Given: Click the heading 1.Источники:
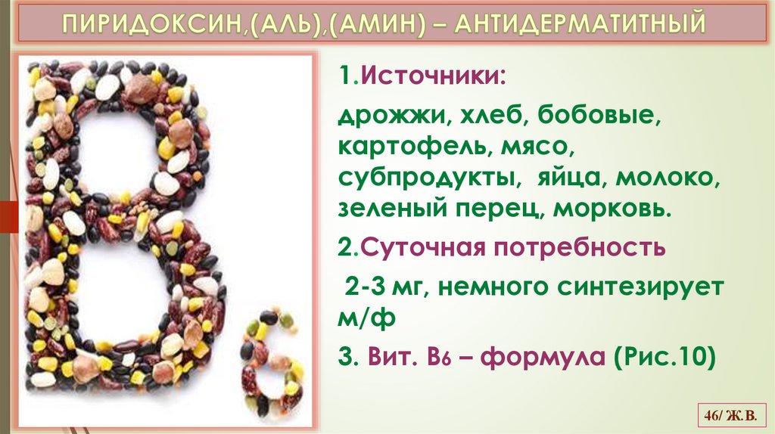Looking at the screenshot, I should [x=422, y=76].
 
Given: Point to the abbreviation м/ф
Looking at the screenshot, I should [x=366, y=318].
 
